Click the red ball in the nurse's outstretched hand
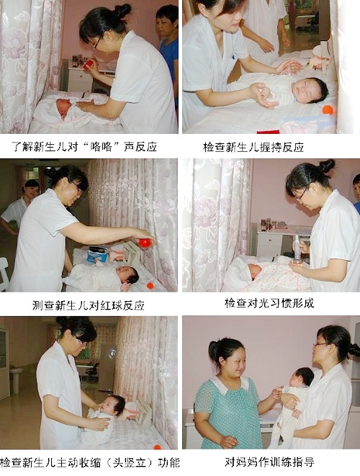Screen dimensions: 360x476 coord(145,243)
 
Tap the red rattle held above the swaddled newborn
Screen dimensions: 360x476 coord(89,65)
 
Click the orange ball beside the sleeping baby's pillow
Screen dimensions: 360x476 coord(328,110)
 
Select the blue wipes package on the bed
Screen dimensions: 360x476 coord(97,254)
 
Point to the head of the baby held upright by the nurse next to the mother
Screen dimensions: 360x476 coord(302,377)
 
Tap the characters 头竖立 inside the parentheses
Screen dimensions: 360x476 coord(129,462)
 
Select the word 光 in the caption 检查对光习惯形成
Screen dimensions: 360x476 coord(264,303)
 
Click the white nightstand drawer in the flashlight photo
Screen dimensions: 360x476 coord(270,244)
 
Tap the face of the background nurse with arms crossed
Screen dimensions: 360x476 coord(31,189)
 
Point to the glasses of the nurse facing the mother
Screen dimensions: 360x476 coord(322,344)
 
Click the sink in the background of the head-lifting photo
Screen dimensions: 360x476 coord(15,372)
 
